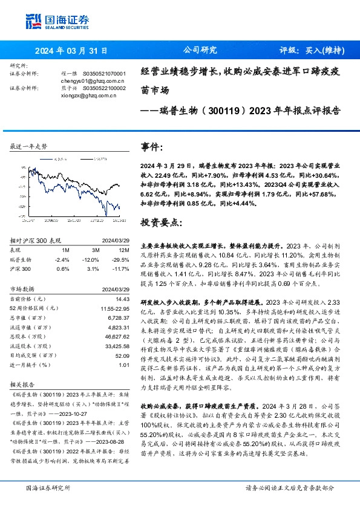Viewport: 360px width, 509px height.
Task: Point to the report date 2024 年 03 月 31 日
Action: [x=70, y=51]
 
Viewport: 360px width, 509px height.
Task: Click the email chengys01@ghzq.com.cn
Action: [x=93, y=80]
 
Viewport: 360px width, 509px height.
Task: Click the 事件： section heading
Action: [x=152, y=147]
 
